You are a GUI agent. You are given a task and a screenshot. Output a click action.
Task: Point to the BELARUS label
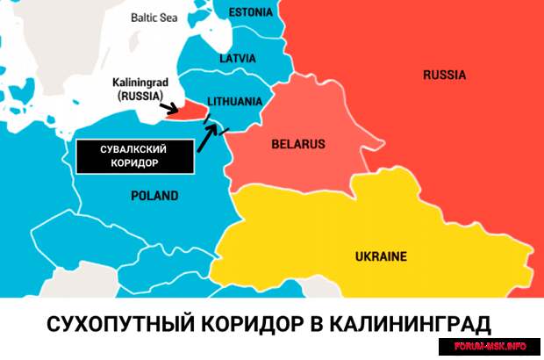pyautogui.click(x=297, y=143)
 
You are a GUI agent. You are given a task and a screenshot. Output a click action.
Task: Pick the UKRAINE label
pyautogui.click(x=381, y=256)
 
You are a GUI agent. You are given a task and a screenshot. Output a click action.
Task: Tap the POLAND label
pyautogui.click(x=154, y=196)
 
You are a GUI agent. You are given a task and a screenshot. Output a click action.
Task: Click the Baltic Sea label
pyautogui.click(x=154, y=17)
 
